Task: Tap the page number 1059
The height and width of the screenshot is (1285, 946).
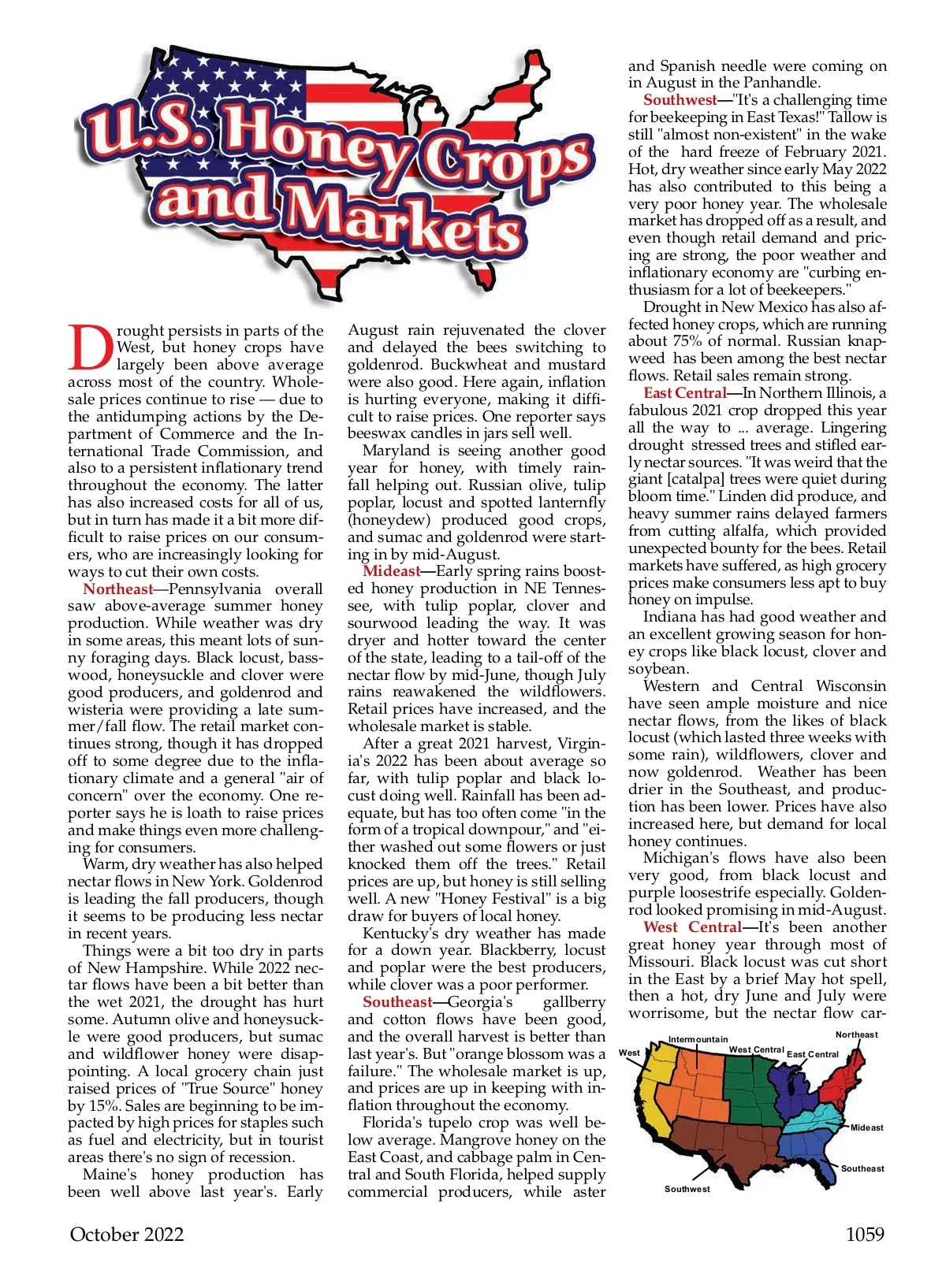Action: [865, 1235]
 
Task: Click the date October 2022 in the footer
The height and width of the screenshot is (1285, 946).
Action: [126, 1235]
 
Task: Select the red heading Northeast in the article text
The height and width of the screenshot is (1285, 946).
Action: [118, 589]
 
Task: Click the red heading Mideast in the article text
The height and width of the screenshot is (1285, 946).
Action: [391, 571]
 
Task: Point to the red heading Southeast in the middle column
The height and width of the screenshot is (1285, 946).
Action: [397, 1002]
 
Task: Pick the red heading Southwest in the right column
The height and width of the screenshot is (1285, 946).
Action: [680, 100]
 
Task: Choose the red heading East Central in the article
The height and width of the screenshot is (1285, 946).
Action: [685, 393]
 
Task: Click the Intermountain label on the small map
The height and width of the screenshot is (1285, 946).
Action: [698, 1039]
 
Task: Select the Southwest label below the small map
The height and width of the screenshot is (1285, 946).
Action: [687, 1189]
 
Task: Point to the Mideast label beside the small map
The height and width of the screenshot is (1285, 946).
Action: [866, 1127]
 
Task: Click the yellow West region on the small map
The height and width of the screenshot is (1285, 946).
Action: [651, 1083]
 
